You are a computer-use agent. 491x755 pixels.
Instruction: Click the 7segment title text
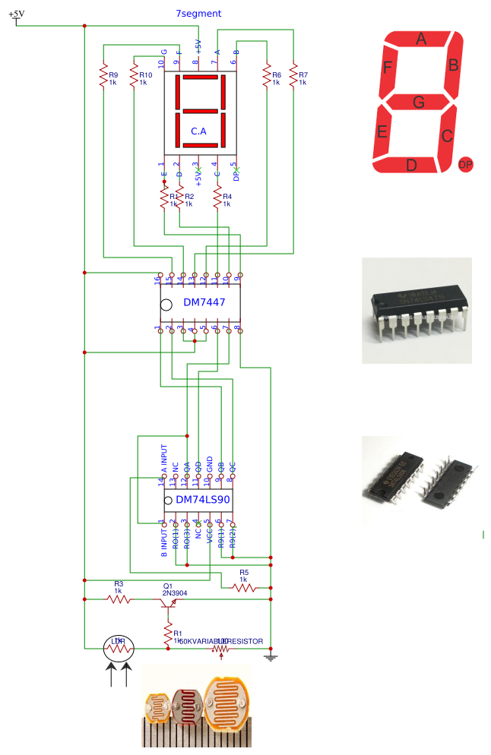click(x=198, y=14)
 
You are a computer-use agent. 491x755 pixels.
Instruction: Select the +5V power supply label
click(x=16, y=14)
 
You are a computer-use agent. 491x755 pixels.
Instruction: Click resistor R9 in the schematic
click(x=103, y=77)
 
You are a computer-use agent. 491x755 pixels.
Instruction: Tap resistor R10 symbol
click(x=134, y=77)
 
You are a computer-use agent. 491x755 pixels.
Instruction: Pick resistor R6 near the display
click(x=267, y=77)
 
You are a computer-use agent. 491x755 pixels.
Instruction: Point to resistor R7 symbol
click(x=293, y=77)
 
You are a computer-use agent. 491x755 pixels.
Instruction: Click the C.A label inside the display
click(x=198, y=131)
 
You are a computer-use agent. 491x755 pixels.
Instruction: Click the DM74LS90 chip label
click(x=202, y=500)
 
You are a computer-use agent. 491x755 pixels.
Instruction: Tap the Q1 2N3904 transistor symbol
click(x=168, y=602)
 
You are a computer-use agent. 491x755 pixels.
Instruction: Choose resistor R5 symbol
click(x=243, y=587)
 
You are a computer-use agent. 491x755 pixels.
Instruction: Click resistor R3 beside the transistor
click(x=118, y=599)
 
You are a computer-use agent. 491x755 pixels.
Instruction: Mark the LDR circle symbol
click(x=119, y=648)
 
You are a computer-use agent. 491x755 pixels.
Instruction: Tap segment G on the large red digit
click(x=419, y=102)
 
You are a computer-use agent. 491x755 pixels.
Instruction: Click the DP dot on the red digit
click(x=465, y=164)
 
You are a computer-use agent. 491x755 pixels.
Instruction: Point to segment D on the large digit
click(x=410, y=165)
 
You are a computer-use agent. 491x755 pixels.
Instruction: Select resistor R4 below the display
click(x=218, y=199)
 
